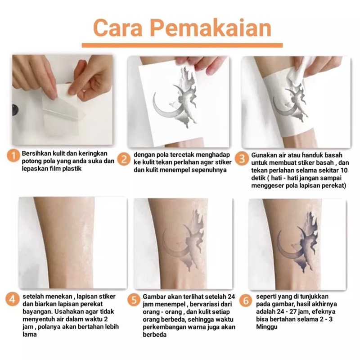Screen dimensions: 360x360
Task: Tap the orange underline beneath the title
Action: coord(182,45)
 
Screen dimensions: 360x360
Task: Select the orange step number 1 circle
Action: coord(13,156)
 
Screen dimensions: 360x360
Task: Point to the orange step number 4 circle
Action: coord(13,300)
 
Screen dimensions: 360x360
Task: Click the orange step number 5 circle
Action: coord(134,300)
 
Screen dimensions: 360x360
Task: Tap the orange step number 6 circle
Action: coord(246,300)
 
